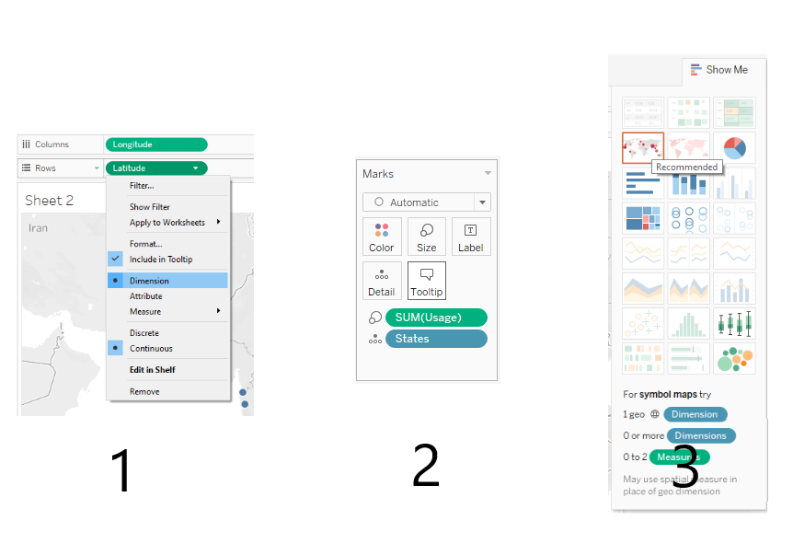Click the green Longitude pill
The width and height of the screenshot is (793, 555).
[x=155, y=145]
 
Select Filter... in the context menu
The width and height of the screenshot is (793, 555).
[x=142, y=186]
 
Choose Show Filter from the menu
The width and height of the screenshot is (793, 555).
[x=150, y=207]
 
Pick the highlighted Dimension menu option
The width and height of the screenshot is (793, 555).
[x=149, y=281]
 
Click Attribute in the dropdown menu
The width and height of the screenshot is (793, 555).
[x=146, y=296]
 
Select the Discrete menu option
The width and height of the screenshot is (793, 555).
[x=144, y=333]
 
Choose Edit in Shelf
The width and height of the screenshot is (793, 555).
[x=152, y=370]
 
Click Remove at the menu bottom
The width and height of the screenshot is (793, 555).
[x=144, y=392]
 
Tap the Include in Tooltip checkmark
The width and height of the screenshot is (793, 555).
[x=115, y=260]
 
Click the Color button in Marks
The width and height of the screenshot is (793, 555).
[x=382, y=237]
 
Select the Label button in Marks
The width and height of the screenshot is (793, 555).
[x=470, y=237]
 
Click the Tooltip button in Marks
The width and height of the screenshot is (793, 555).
[x=426, y=281]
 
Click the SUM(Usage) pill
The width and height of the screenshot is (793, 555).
[x=435, y=318]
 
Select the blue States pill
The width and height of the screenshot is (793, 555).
[x=435, y=339]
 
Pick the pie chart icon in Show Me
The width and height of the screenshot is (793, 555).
[x=734, y=147]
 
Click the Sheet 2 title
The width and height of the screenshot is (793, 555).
[x=50, y=201]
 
